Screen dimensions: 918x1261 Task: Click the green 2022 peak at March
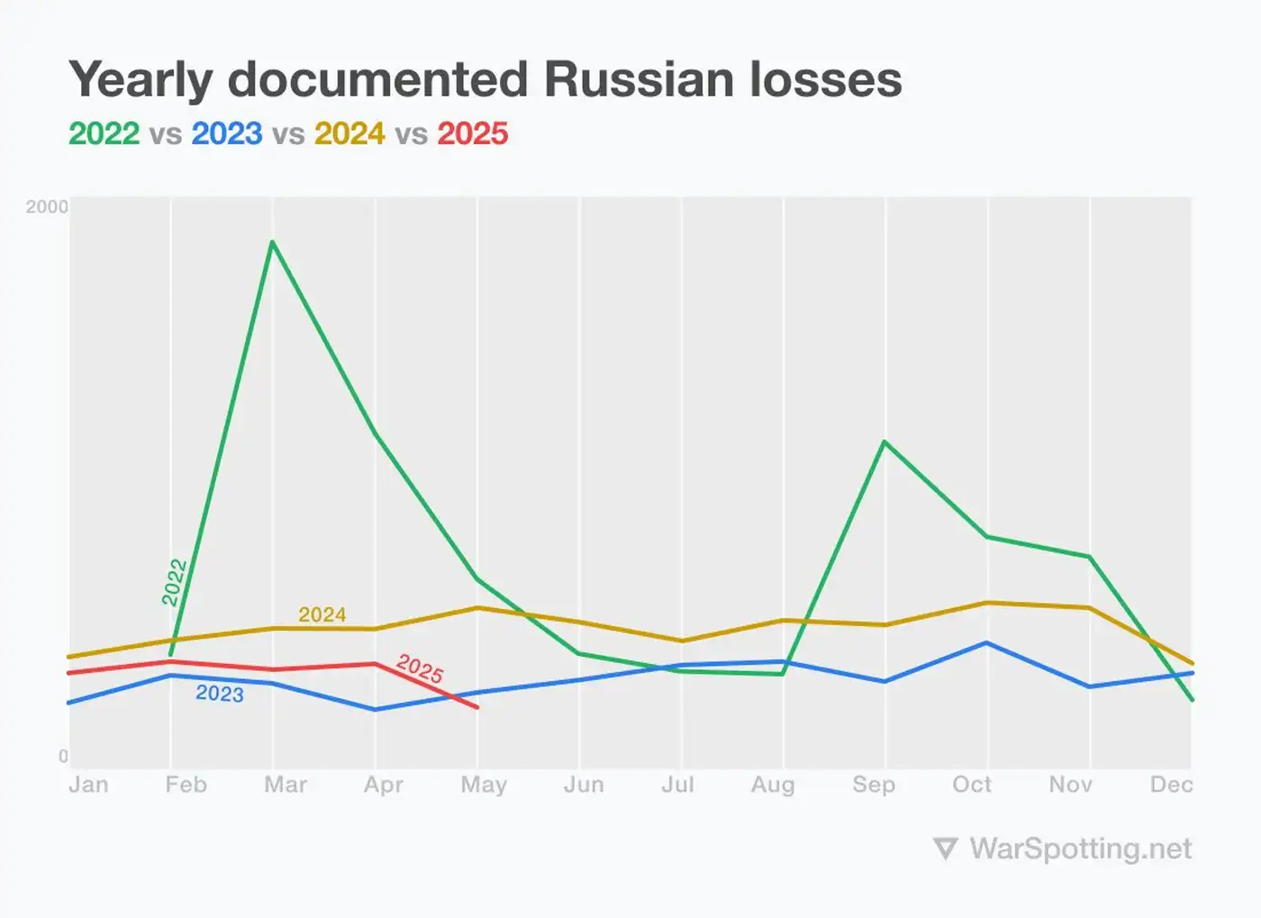(x=272, y=241)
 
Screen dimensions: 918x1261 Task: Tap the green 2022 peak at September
(x=885, y=441)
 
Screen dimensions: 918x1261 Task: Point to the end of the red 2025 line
(x=476, y=707)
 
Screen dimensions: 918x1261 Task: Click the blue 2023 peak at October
(x=987, y=642)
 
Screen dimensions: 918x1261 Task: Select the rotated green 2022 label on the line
(x=174, y=582)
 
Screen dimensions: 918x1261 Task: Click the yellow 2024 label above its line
(x=322, y=614)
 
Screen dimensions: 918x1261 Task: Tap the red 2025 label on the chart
(x=420, y=668)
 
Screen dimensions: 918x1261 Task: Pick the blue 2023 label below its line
(x=220, y=694)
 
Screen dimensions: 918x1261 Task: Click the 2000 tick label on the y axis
(x=47, y=207)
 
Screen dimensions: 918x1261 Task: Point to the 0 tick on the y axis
(x=63, y=756)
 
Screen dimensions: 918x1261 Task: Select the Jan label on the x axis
(x=88, y=785)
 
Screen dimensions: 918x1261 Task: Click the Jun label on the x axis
(x=584, y=785)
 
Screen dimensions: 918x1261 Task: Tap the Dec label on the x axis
(x=1171, y=785)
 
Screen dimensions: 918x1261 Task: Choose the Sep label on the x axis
(x=874, y=785)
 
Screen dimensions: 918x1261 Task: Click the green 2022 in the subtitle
(x=104, y=133)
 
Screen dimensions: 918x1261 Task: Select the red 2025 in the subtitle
(x=473, y=133)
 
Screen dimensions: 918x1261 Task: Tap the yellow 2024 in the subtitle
(x=349, y=133)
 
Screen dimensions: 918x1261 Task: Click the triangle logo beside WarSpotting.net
(x=945, y=849)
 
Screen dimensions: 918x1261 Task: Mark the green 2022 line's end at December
(x=1192, y=699)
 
